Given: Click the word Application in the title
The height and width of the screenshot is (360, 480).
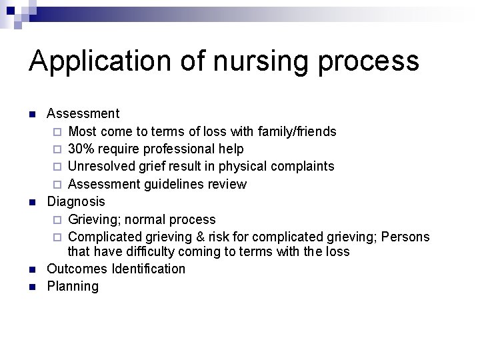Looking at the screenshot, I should coord(99,61).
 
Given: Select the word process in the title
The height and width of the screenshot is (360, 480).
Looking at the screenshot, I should coord(369,61).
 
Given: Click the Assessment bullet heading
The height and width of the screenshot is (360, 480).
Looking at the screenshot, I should coord(83,113).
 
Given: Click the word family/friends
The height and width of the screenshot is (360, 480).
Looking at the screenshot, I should coord(296,131).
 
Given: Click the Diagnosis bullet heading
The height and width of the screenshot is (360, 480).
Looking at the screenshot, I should coord(75,201).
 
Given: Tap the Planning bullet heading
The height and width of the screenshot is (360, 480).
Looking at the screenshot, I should coord(72,287).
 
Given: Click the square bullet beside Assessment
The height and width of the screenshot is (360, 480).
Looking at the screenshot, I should coord(33,114).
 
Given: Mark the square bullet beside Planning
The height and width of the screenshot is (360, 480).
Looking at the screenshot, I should coord(33,287).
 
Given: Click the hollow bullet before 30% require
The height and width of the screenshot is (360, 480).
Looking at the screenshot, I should coord(57,149).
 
